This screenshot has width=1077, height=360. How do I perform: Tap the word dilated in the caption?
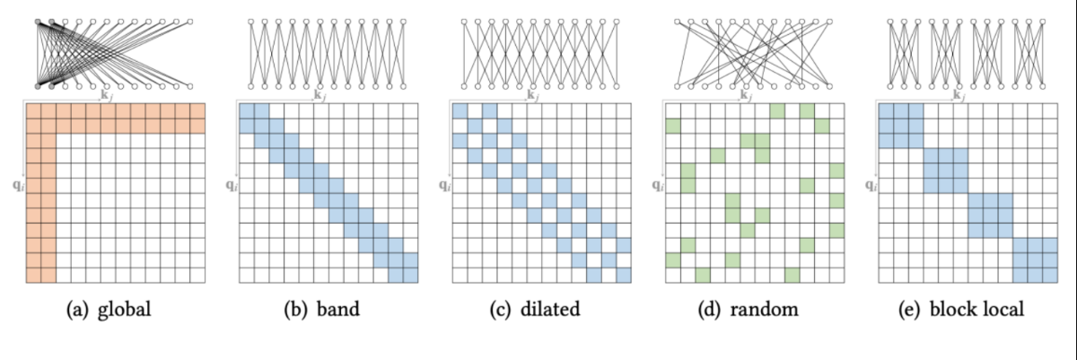[551, 311]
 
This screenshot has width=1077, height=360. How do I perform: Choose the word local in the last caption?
[1004, 311]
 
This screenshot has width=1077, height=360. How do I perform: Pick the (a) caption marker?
[78, 311]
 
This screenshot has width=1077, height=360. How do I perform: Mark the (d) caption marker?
[708, 311]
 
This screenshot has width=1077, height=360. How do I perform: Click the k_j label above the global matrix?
[107, 94]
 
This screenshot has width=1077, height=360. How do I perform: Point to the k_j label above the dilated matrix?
[531, 94]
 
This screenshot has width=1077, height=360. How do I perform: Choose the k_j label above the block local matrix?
[957, 94]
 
